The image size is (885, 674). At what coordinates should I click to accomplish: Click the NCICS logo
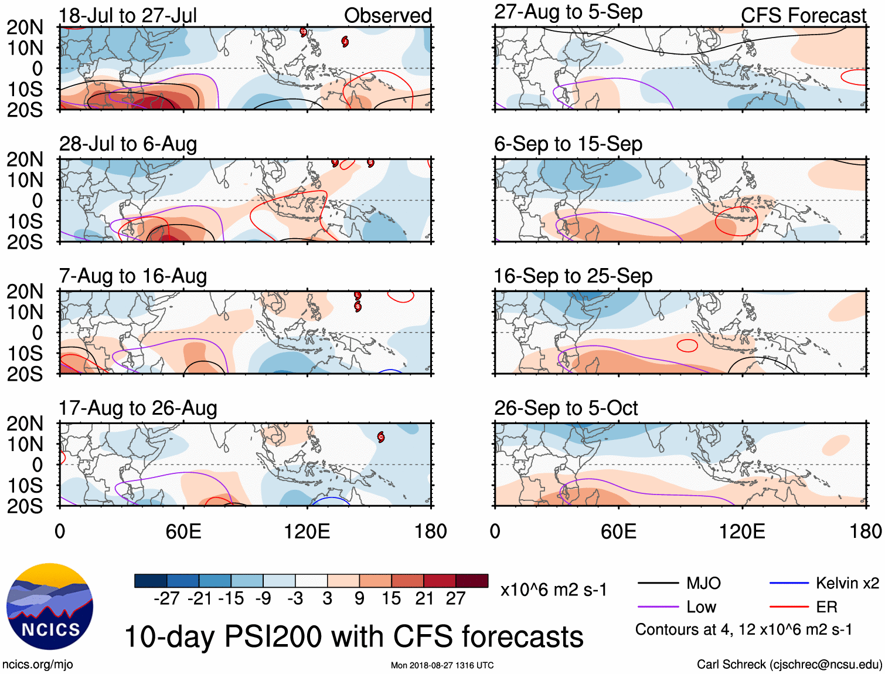tap(50, 607)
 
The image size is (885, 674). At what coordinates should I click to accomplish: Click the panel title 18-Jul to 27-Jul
tap(128, 15)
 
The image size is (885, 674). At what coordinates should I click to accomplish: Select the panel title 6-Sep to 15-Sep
tap(568, 144)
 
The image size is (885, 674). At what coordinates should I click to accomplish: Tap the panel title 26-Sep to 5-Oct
tap(566, 408)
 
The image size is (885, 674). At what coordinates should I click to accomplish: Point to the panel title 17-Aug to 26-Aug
tap(138, 408)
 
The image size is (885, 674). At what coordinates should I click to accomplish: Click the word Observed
tap(387, 16)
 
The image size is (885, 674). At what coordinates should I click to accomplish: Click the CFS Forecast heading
tap(803, 16)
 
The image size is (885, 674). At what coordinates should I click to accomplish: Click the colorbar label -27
tap(166, 598)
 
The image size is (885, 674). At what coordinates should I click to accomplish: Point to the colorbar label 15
tap(391, 598)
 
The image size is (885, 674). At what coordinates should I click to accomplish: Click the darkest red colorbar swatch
tap(472, 581)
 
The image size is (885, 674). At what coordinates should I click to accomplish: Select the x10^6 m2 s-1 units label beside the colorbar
tap(553, 590)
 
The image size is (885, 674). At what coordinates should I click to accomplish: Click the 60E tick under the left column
tap(183, 531)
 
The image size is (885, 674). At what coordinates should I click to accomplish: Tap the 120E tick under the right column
tap(742, 531)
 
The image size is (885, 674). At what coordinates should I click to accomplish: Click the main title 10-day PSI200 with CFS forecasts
tap(354, 636)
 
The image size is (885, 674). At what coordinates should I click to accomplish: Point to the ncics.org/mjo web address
tap(38, 664)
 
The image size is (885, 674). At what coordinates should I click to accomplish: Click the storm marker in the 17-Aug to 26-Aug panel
tap(381, 436)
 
